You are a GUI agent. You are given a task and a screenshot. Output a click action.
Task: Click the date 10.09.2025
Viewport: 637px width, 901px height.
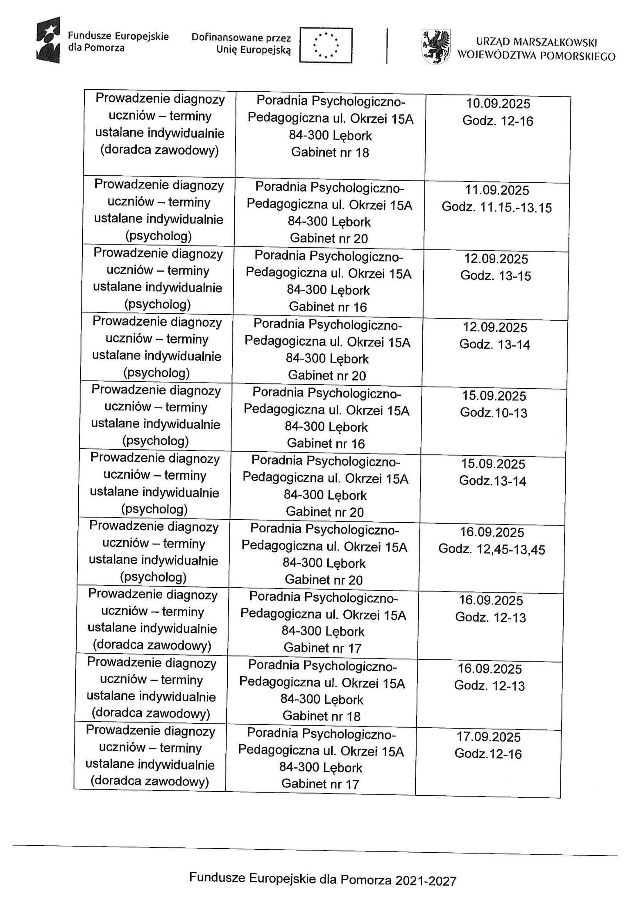click(x=498, y=104)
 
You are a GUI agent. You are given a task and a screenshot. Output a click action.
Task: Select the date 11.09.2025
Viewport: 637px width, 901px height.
click(x=497, y=190)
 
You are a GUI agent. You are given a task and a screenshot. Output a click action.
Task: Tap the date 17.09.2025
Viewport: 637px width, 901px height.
click(x=489, y=737)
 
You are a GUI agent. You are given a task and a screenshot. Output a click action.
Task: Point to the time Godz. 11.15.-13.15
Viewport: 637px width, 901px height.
click(x=496, y=208)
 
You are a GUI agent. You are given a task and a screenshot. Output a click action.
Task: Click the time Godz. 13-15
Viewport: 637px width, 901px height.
click(x=496, y=276)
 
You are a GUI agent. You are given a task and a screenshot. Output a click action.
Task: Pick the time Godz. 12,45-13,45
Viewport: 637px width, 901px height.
click(x=492, y=549)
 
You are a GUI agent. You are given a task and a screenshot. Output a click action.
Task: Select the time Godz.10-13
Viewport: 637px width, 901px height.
click(x=494, y=412)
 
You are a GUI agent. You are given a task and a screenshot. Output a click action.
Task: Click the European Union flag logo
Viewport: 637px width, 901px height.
click(x=326, y=45)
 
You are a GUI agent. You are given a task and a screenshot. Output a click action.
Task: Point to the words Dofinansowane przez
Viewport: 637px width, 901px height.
click(x=241, y=38)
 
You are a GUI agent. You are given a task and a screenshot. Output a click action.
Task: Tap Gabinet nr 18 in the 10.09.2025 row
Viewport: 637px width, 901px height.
click(x=330, y=153)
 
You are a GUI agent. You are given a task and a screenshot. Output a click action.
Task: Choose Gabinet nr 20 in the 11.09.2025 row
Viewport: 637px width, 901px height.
click(x=329, y=238)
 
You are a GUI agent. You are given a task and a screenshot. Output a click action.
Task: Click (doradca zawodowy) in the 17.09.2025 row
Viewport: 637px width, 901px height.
click(x=150, y=782)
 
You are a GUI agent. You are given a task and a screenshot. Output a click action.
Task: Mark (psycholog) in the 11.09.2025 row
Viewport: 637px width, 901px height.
click(x=158, y=236)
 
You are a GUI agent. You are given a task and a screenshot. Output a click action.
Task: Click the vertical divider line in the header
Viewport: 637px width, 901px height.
click(x=387, y=45)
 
